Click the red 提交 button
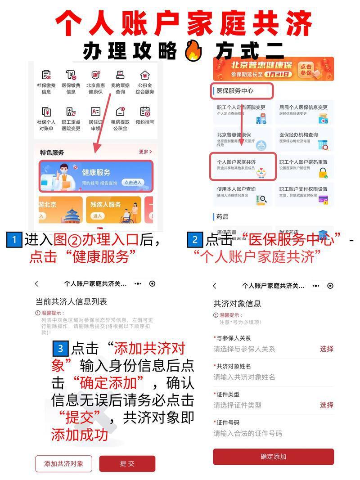point(127,463)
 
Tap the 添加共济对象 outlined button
point(63,463)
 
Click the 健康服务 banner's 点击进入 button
point(133,182)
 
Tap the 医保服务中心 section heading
point(242,90)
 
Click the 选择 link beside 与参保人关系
point(327,349)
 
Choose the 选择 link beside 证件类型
point(327,405)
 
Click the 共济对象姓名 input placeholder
point(244,377)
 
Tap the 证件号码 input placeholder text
point(248,433)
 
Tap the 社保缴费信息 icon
point(46,75)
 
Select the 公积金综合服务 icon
point(145,75)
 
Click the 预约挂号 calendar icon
point(145,112)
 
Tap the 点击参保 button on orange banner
point(318,68)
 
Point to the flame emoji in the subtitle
point(195,50)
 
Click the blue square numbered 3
point(60,349)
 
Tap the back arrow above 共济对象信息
point(215,286)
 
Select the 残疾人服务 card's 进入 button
point(98,216)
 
